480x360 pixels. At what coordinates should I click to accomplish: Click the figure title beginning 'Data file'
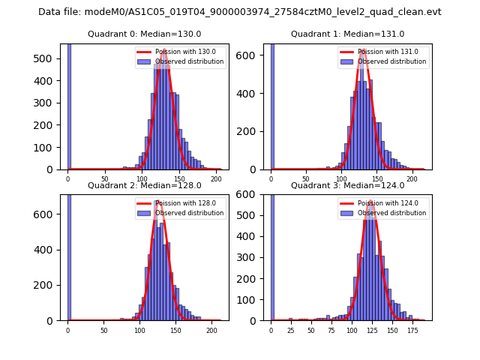coord(240,12)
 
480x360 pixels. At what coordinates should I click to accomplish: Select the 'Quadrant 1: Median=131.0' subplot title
coord(347,34)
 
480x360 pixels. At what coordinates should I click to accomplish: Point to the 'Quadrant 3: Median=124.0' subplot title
coord(347,185)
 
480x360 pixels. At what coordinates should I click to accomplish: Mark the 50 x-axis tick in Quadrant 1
coord(306,179)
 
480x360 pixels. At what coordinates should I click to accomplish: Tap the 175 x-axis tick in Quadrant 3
coord(412,330)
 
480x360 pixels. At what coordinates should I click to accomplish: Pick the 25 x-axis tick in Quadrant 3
coord(291,330)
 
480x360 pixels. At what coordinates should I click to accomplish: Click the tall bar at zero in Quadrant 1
coord(272,105)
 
